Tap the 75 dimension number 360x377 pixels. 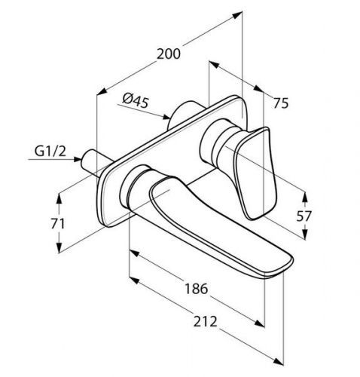pos(282,106)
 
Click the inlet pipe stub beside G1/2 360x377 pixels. pos(93,159)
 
